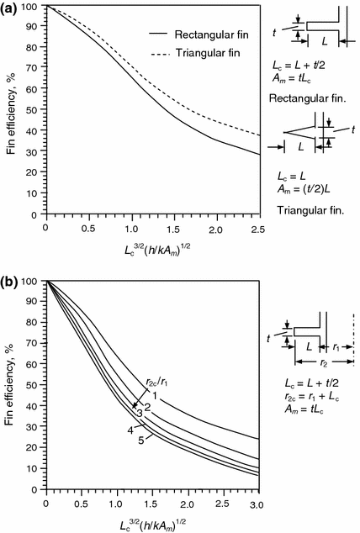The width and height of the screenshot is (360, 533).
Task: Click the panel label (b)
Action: [x=11, y=273]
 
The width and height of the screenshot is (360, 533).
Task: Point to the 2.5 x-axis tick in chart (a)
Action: [x=259, y=229]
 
